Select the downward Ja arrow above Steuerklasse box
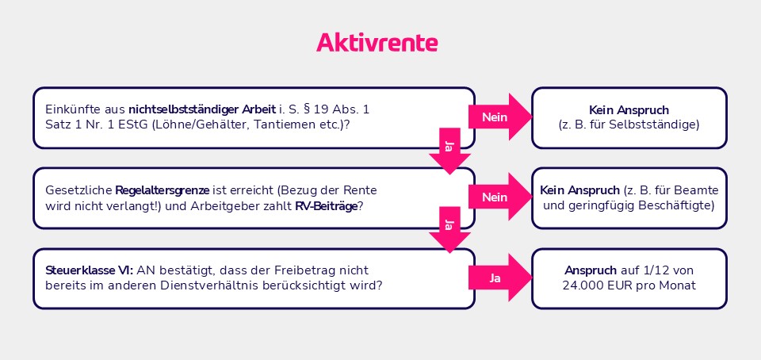click(x=449, y=231)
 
